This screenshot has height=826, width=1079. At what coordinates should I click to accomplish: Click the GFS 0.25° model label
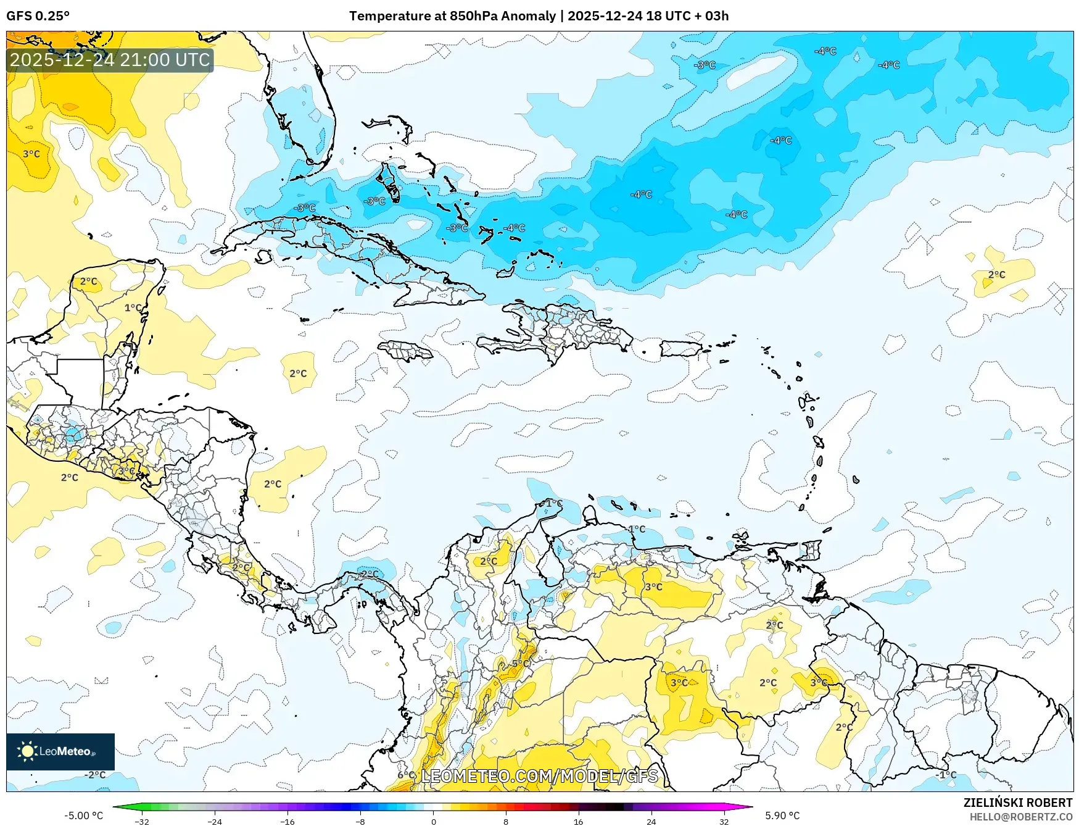tap(38, 16)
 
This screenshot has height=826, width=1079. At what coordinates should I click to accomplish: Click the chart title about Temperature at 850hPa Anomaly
tap(539, 16)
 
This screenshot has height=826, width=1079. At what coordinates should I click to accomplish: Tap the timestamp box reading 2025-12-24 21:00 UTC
tap(110, 60)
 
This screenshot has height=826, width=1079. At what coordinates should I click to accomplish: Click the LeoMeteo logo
tap(60, 751)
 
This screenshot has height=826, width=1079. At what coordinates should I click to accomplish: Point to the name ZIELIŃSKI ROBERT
tap(1017, 803)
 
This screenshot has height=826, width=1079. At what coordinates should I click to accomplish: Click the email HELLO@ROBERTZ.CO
tap(1020, 817)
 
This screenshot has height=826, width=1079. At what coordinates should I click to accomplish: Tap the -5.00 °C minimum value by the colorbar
tap(84, 816)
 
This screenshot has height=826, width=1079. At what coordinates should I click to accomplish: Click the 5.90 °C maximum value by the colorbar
tap(782, 816)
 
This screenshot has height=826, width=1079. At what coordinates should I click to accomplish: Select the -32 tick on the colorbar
tap(142, 822)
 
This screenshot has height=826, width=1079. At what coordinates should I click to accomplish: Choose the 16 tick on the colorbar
tap(578, 822)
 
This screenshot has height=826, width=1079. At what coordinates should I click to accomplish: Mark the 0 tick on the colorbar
tap(433, 822)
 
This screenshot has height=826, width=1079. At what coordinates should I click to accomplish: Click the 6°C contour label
tap(406, 775)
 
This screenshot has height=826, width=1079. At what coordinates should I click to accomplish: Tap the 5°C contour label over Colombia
tap(521, 664)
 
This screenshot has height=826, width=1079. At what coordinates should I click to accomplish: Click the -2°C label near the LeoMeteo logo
tap(96, 775)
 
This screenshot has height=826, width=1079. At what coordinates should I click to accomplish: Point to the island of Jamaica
tap(405, 351)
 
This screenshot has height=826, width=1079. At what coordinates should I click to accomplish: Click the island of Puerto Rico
tap(681, 349)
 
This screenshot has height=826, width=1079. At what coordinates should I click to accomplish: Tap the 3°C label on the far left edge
tap(31, 154)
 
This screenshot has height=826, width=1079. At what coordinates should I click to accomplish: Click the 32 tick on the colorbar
tap(724, 822)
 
